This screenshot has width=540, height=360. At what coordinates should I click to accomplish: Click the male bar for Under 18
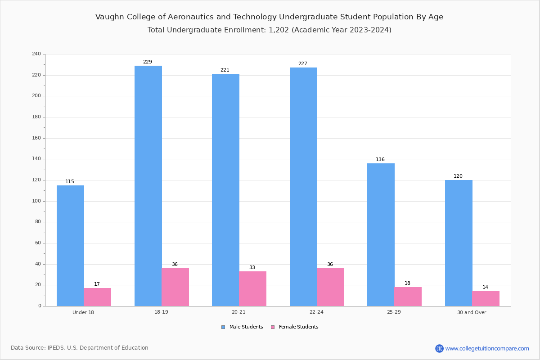(x=70, y=246)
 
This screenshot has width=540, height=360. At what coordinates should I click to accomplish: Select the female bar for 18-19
(x=175, y=287)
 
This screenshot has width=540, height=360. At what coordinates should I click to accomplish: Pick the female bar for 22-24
(x=330, y=287)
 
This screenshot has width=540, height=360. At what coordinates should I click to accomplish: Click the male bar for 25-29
(x=381, y=234)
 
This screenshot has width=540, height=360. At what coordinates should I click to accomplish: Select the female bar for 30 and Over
(x=486, y=298)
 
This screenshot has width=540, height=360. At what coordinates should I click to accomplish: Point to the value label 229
(x=148, y=62)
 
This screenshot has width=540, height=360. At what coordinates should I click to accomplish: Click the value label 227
(x=303, y=64)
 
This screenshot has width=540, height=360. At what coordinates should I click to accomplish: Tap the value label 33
(x=252, y=268)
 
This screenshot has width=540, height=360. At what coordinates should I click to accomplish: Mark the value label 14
(x=485, y=288)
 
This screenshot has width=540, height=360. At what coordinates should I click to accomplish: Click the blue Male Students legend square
(x=223, y=327)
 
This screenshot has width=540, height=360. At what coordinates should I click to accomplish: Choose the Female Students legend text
(x=298, y=327)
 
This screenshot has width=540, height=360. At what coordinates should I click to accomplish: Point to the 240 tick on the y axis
(x=36, y=54)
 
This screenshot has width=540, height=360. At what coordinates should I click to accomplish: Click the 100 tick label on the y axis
(x=36, y=201)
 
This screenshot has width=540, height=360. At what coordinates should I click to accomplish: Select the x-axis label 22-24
(x=316, y=312)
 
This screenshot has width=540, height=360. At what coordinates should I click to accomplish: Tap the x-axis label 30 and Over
(x=472, y=312)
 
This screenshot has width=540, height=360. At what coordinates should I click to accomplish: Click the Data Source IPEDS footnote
(x=80, y=348)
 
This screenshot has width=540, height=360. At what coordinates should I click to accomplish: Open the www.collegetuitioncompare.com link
(x=487, y=348)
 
